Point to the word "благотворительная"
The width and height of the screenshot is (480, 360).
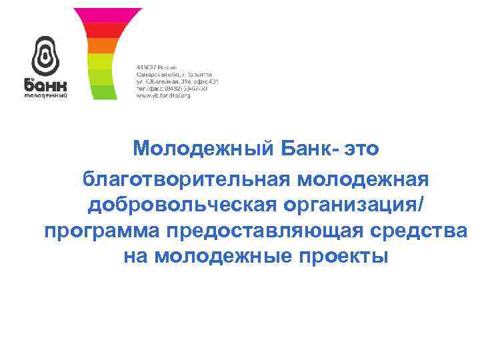pos(189,179)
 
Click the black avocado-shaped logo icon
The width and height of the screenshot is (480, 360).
pos(45,55)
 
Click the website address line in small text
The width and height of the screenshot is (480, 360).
pos(163,96)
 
